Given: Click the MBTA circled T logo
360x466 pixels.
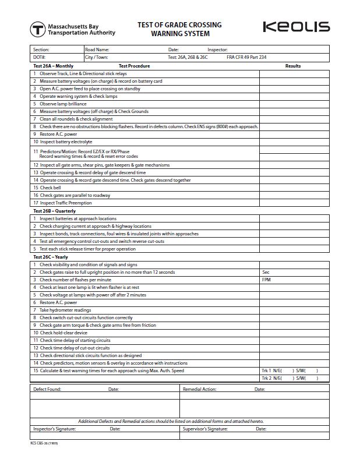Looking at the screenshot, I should tap(38, 29).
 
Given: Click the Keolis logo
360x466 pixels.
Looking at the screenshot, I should tap(296, 27).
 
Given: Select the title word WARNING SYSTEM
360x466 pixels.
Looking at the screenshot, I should tap(179, 34).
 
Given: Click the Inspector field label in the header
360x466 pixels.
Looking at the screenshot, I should tap(217, 50).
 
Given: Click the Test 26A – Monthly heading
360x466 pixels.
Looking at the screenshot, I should tap(53, 66).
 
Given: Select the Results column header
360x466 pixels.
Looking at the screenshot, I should tap(293, 66).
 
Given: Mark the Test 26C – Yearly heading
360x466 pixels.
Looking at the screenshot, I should tap(51, 257).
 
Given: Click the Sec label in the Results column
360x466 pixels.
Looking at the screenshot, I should tap(266, 272).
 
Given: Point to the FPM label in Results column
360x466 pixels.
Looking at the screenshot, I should tap(267, 280).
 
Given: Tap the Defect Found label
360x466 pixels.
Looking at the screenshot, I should tap(47, 389).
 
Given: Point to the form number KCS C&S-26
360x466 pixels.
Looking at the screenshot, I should tap(44, 443).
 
